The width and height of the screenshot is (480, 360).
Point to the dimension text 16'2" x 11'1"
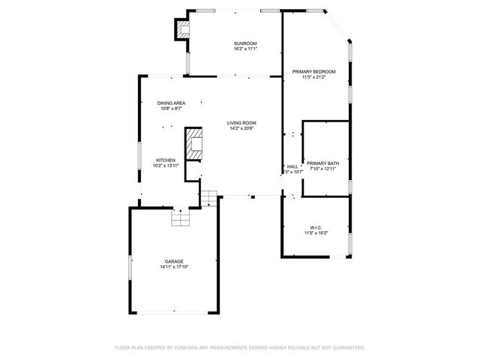(x=245, y=50)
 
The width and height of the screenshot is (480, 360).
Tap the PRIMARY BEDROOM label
(x=313, y=71)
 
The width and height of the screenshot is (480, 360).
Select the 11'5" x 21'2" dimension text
(x=313, y=77)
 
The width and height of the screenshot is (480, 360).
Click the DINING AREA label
(x=171, y=103)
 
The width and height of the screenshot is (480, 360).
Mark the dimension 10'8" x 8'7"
(x=171, y=109)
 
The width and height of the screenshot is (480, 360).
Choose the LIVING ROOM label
(x=242, y=122)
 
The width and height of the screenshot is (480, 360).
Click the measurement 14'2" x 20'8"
(x=242, y=128)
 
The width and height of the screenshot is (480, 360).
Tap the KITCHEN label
(x=165, y=160)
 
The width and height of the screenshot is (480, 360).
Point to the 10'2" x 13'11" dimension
(x=165, y=166)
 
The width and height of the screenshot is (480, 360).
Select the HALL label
(x=292, y=166)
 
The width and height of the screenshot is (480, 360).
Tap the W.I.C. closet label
(x=316, y=227)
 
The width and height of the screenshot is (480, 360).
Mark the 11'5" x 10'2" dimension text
(x=316, y=233)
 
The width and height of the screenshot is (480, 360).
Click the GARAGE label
(x=174, y=261)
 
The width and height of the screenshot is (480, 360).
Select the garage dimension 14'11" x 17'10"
(x=174, y=267)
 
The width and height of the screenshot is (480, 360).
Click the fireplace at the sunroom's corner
(x=182, y=30)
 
